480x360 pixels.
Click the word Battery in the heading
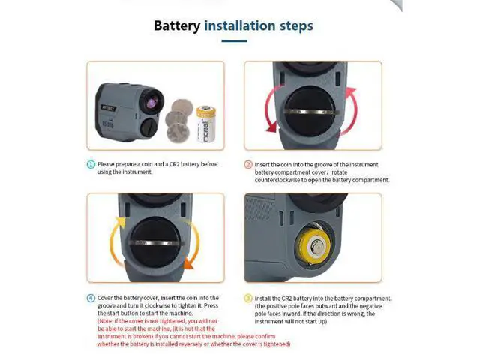pos(177,25)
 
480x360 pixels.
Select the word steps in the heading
pos(297,26)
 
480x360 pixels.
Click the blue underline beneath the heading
pos(234,40)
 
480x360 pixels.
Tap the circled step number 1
pos(91,164)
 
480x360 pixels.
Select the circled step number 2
pos(248,165)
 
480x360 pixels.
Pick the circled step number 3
pos(248,298)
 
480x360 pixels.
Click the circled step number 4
pos(91,298)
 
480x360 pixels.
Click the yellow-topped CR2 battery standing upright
pos(205,124)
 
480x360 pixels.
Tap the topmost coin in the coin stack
pos(182,107)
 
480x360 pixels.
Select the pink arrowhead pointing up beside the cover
pos(351,91)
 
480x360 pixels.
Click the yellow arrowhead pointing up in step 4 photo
pos(120,222)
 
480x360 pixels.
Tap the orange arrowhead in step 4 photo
pos(187,264)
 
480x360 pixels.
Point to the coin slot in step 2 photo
pos(309,112)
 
